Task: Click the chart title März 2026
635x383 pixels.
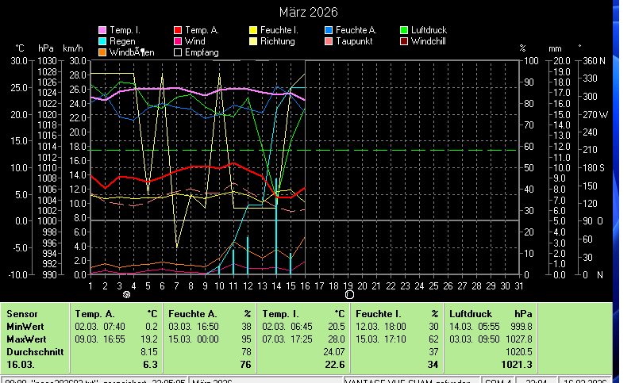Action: pos(308,13)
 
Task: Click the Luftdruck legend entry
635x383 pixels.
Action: pos(428,30)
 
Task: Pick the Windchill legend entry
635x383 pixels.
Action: pos(429,41)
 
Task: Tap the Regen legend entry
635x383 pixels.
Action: pos(121,41)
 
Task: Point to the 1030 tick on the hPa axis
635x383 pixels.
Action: pos(48,61)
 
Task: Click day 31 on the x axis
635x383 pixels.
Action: pos(519,285)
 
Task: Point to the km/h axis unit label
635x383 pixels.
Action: pos(72,48)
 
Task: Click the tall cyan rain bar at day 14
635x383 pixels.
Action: pos(276,238)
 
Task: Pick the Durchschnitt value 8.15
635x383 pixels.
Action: pos(149,351)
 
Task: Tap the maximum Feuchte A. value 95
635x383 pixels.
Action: pos(246,339)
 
